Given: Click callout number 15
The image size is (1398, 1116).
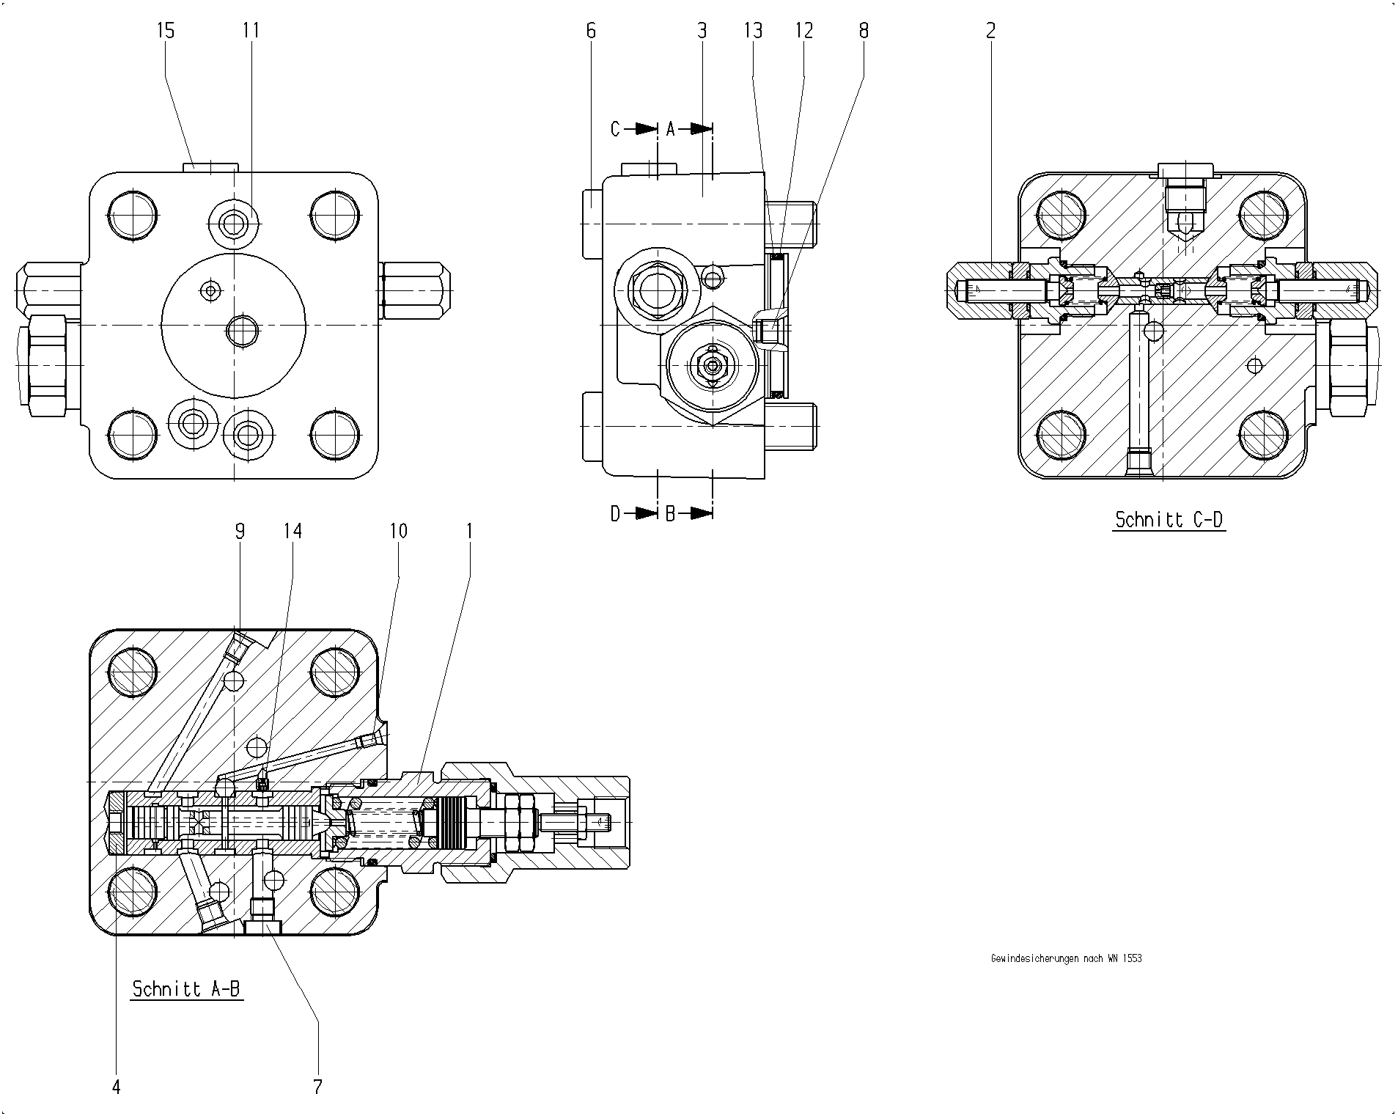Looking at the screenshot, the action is coord(166,31).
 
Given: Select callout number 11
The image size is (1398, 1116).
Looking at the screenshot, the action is coord(251,31).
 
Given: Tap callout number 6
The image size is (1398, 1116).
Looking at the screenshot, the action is coord(592,31).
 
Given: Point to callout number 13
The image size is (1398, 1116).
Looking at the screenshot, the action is coord(753,31).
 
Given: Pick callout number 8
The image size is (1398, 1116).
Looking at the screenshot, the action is coord(864,31).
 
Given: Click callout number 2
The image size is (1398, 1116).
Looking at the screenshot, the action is coord(991,31).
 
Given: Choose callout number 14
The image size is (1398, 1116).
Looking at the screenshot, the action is coord(293,530).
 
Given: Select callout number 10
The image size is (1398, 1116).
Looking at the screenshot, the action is coord(398,530).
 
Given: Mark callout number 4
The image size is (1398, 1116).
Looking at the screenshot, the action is coord(116,1087).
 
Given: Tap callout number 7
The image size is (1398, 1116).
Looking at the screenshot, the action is coord(317,1087).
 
